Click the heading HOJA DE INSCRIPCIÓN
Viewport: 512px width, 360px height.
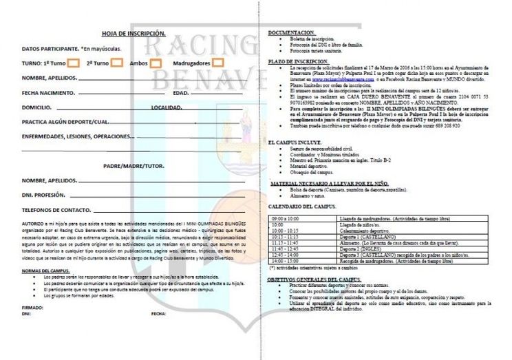click(x=134, y=33)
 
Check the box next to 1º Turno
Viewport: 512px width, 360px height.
click(x=74, y=63)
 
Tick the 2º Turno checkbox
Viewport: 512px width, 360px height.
click(x=117, y=63)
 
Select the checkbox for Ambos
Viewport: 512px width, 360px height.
click(x=156, y=63)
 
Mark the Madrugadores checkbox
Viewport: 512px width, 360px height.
click(x=218, y=63)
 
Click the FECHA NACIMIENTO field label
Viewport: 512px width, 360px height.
click(x=49, y=93)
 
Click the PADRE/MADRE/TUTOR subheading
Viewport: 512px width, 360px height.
click(x=134, y=167)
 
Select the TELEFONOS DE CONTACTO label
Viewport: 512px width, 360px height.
click(x=56, y=209)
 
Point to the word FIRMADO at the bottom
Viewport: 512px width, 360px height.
click(x=32, y=307)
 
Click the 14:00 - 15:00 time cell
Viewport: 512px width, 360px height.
click(x=284, y=262)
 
